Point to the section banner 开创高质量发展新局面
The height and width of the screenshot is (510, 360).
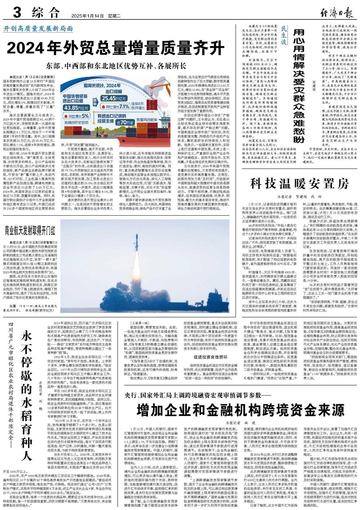(39, 29)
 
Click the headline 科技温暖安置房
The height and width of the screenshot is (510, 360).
(300, 184)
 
